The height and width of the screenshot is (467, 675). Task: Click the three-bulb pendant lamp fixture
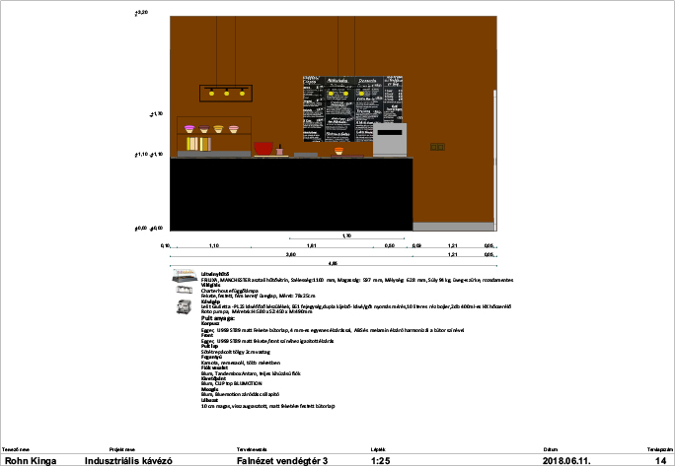pos(224,94)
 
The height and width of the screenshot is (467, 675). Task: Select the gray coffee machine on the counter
pos(390,141)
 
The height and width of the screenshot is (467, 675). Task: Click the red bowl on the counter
pos(263,148)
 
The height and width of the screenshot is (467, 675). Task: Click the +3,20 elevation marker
pos(140,12)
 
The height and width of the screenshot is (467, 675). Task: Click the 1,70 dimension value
pos(346,235)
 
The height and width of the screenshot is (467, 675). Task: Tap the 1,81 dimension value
pos(312,244)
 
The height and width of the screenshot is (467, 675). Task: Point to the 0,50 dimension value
pos(390,244)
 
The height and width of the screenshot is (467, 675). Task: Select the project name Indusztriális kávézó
pos(129,460)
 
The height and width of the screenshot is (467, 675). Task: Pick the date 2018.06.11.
pos(571,460)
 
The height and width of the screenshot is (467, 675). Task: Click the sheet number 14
pos(661,460)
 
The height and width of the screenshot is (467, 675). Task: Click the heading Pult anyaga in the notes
pos(218,318)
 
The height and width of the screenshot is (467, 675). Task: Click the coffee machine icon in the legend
pos(183,307)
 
